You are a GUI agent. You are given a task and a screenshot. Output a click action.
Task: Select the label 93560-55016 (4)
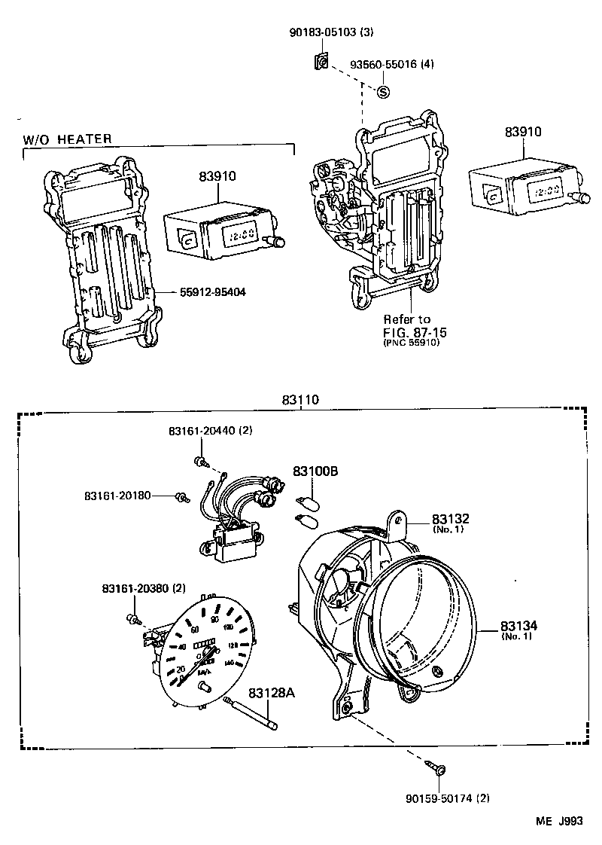391,65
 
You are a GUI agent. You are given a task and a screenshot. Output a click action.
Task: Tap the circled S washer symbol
382,92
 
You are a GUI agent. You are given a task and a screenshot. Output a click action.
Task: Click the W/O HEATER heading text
68,139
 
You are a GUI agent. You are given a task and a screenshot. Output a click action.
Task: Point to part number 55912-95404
212,291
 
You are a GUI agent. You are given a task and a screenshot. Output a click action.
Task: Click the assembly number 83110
301,401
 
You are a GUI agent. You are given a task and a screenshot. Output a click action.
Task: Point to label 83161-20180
118,496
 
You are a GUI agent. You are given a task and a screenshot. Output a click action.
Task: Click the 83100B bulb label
315,471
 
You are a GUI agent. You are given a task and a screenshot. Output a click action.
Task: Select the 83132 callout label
450,520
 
